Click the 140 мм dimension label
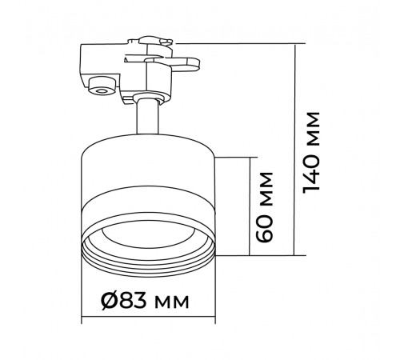(x=311, y=151)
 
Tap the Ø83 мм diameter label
(x=145, y=301)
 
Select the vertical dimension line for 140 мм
(x=294, y=150)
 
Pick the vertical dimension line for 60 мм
(x=250, y=206)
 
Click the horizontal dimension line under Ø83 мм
(x=148, y=317)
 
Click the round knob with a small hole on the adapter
(x=102, y=86)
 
